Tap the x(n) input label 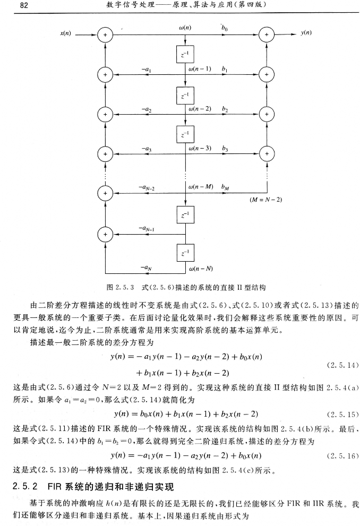click(x=65, y=33)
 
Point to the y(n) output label click(x=306, y=33)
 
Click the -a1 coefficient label click(x=145, y=70)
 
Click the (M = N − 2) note click(x=265, y=200)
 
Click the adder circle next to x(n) click(x=105, y=35)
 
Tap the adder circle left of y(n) click(x=266, y=35)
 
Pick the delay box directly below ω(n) click(x=185, y=54)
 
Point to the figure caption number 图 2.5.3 click(x=119, y=287)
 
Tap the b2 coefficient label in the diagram click(x=225, y=109)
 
